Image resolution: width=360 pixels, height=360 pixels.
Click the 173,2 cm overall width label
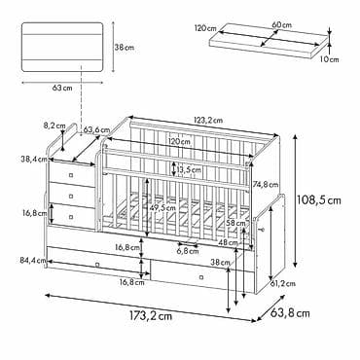[x=151, y=316]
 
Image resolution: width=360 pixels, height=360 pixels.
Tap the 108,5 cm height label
[x=319, y=200]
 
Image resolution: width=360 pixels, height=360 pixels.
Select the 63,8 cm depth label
[x=290, y=313]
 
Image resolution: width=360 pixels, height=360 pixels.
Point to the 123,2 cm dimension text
[x=208, y=121]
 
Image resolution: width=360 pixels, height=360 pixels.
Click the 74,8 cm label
[x=266, y=185]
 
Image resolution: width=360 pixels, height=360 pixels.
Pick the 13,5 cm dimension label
[x=189, y=169]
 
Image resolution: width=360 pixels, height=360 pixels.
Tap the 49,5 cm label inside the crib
[x=162, y=208]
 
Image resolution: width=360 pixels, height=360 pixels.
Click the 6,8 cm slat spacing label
[x=188, y=251]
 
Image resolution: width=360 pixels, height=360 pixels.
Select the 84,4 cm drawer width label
[x=32, y=260]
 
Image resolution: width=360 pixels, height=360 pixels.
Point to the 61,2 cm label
[x=283, y=284]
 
